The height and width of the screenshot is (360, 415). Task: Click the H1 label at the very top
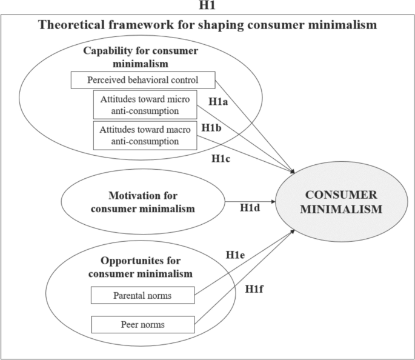(x=207, y=6)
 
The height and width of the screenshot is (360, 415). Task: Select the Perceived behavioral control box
(x=142, y=79)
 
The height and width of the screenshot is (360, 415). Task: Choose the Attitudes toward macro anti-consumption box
(x=144, y=135)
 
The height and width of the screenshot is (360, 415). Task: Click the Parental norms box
(x=142, y=296)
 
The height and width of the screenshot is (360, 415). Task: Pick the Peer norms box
(x=142, y=324)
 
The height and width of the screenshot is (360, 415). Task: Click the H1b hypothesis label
(x=211, y=128)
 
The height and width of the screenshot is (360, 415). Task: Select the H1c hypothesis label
(x=222, y=159)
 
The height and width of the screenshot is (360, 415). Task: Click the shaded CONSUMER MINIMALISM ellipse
(x=344, y=202)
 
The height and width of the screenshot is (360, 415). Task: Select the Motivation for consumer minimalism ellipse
(x=143, y=202)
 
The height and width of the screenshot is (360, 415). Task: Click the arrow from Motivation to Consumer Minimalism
(x=248, y=201)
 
